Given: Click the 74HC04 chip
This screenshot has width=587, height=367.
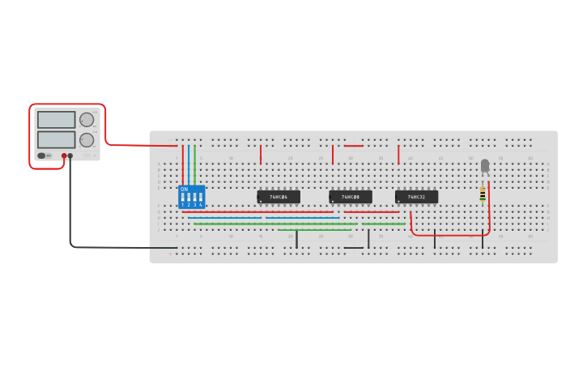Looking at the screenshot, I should (x=279, y=197).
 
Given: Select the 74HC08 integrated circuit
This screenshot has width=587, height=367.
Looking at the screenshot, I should (x=351, y=197).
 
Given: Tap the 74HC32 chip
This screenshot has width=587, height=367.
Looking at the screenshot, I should (x=416, y=197).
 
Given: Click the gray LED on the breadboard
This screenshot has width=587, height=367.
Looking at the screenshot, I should (x=485, y=166).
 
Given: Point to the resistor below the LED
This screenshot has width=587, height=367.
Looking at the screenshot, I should (x=483, y=194).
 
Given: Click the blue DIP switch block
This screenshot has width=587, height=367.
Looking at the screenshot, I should (x=192, y=197).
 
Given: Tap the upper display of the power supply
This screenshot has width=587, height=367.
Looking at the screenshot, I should (x=56, y=120).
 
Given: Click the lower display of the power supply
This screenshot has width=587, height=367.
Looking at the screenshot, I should (x=56, y=139).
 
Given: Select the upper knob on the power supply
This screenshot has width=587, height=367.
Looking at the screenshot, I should (x=86, y=120).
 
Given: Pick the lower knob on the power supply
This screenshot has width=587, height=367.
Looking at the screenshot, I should (x=86, y=139).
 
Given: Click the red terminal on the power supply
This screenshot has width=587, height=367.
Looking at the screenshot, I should (x=64, y=156).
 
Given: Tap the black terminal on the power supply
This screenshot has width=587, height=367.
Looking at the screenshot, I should (x=70, y=156).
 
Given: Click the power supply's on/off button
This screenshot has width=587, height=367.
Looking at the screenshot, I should (x=41, y=156).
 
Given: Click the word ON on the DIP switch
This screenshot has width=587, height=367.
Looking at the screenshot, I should (x=184, y=190).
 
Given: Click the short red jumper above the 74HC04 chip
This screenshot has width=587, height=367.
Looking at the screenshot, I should (x=261, y=155).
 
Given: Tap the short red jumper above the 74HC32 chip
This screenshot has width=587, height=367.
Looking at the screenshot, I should (x=398, y=155).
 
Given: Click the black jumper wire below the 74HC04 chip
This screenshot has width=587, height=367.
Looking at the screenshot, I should (x=296, y=239).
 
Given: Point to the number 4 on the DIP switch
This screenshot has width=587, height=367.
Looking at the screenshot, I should (x=200, y=205).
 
